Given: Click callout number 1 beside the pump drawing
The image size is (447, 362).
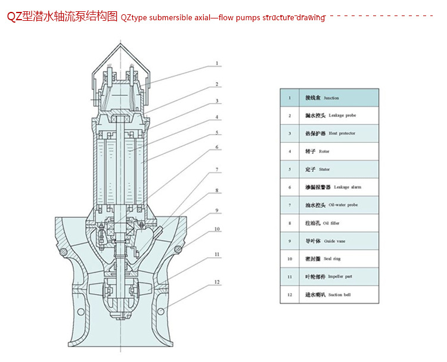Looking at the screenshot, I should coord(217,63).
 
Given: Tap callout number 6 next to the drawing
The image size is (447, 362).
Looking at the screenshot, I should coord(217,146).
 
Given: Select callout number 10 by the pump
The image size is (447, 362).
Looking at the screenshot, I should coord(217,229).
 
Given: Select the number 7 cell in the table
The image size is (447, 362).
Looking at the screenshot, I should coord(290,205).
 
